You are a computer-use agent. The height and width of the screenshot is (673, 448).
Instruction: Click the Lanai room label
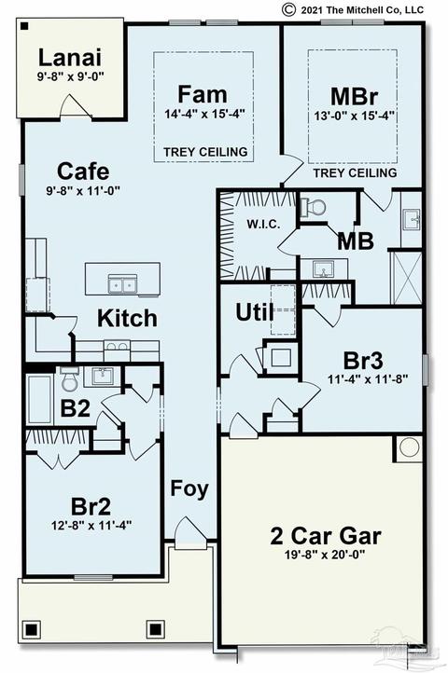click(x=70, y=58)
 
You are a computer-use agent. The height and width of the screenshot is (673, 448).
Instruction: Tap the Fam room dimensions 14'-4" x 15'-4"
click(x=204, y=114)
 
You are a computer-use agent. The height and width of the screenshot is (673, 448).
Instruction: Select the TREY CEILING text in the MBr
click(x=355, y=173)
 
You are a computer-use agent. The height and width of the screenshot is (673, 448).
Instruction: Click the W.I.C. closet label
click(x=263, y=224)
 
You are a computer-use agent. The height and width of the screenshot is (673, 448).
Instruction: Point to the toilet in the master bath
click(x=313, y=208)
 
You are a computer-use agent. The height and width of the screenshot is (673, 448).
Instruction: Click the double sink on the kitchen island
click(x=122, y=284)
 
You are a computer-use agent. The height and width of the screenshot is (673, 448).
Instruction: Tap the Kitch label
click(x=127, y=318)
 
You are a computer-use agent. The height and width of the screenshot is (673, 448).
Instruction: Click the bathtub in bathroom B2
click(x=39, y=399)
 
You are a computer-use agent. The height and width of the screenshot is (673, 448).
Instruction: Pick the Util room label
click(x=255, y=312)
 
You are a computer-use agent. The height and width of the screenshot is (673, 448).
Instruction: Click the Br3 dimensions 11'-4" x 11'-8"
click(x=368, y=379)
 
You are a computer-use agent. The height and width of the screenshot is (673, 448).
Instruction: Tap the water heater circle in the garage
click(x=409, y=447)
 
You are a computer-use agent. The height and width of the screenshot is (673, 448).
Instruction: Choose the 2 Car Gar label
click(x=326, y=536)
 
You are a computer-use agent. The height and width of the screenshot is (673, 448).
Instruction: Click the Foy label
click(x=189, y=488)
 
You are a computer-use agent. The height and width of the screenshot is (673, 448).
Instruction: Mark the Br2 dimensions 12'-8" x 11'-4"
click(x=91, y=525)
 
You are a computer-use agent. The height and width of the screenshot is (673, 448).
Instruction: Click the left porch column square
click(x=31, y=630)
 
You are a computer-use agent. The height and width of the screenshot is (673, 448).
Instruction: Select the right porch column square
click(x=155, y=629)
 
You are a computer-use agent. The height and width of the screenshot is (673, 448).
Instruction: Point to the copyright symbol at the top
click(x=288, y=9)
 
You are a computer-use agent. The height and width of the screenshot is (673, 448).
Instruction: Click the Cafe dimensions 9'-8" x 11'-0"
click(x=83, y=190)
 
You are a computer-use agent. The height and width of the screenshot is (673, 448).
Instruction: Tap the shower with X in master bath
click(x=406, y=278)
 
